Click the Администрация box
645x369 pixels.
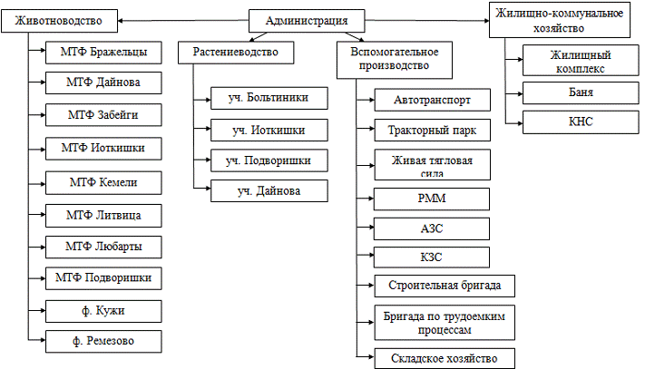tap(306, 21)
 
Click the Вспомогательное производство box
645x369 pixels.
tap(394, 60)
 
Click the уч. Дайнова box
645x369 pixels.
tap(268, 190)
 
